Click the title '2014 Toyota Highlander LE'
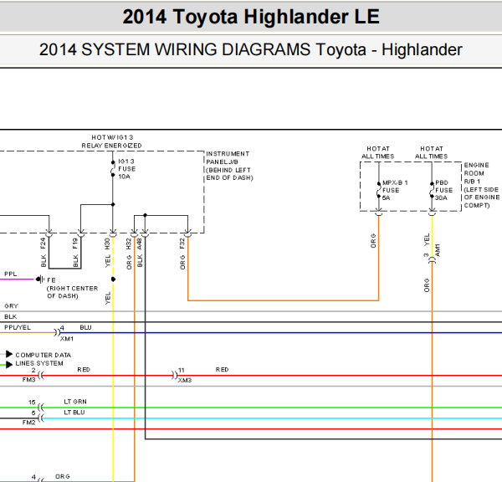[x=250, y=17]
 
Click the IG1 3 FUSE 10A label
[x=126, y=168]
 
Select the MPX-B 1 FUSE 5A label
[x=392, y=190]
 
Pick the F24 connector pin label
[x=43, y=244]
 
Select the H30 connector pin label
[x=107, y=244]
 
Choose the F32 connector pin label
[x=182, y=244]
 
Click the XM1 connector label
[x=67, y=339]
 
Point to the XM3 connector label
[x=184, y=380]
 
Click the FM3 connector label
[x=28, y=379]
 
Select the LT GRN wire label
[x=75, y=402]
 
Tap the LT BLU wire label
[x=75, y=413]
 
